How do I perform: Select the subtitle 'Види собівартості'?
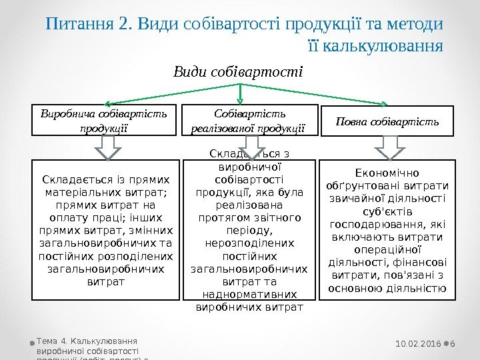(x=238, y=70)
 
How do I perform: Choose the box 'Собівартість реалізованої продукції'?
(x=249, y=121)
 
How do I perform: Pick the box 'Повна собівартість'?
(x=387, y=121)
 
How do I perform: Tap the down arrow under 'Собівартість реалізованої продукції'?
(x=251, y=147)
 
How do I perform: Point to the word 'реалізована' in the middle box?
(x=249, y=205)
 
